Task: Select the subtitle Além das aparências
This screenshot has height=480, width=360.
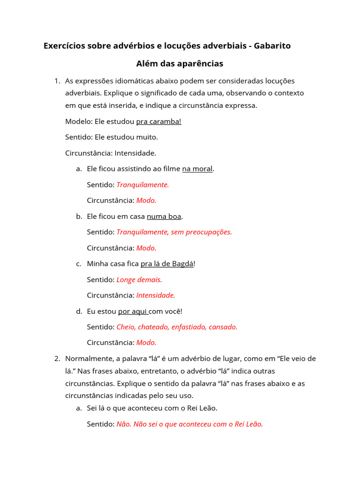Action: [180, 63]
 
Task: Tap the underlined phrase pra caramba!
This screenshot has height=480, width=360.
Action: [158, 121]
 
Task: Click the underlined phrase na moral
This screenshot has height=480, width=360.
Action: [197, 169]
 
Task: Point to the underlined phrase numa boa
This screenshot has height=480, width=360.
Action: [164, 216]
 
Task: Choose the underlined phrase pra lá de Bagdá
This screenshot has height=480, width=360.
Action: [167, 263]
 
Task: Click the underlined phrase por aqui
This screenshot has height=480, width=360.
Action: [133, 311]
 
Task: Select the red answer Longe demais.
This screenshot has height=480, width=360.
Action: [139, 279]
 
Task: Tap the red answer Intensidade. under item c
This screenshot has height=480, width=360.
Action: [156, 295]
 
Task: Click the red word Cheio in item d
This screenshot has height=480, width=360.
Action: [125, 327]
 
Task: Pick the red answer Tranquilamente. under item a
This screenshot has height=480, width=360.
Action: [142, 185]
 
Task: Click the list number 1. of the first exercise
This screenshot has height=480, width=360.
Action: [57, 81]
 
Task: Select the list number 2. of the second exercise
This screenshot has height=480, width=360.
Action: [57, 359]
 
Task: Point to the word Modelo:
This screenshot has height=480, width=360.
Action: [79, 121]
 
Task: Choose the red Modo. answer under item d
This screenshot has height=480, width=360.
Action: [146, 343]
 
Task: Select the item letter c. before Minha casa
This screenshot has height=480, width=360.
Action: [79, 263]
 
